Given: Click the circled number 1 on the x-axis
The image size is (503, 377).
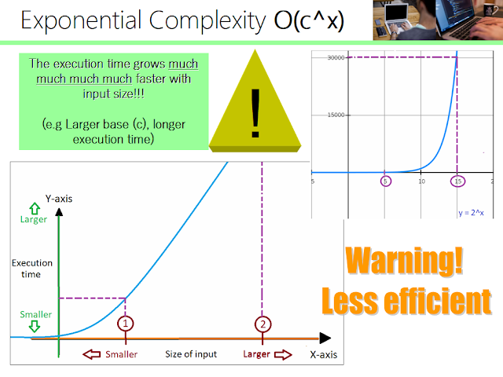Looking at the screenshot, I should [x=126, y=323].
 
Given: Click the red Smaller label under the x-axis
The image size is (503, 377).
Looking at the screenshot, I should [x=121, y=354].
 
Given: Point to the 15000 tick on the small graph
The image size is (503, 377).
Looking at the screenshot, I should [x=337, y=115].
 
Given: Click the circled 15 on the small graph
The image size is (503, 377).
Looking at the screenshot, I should [x=457, y=181].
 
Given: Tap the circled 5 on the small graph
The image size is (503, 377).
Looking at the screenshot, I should [x=385, y=181].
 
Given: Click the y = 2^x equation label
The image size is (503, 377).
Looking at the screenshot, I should [x=473, y=212].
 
